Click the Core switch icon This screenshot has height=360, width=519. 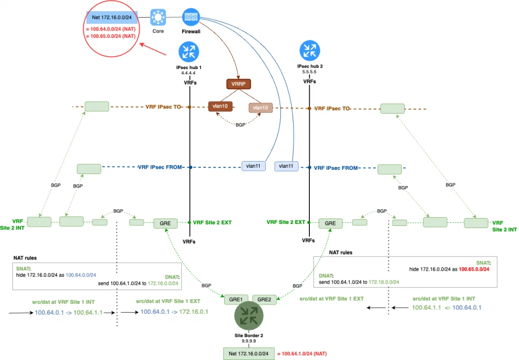(158, 17)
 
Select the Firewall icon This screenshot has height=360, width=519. (190, 17)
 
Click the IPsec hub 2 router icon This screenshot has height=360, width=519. (310, 51)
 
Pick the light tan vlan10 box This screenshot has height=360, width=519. (261, 108)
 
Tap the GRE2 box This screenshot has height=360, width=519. (264, 299)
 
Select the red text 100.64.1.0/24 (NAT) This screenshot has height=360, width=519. (304, 354)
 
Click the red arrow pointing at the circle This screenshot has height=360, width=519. (158, 50)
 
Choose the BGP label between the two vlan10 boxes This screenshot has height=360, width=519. (240, 125)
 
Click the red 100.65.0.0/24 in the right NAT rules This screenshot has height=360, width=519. (474, 270)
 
